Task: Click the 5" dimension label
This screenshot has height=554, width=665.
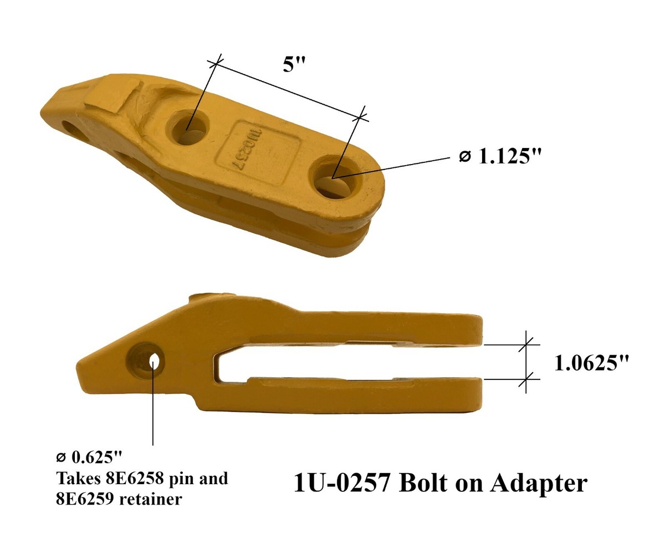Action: click(x=294, y=64)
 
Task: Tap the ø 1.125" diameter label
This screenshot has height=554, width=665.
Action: click(x=500, y=157)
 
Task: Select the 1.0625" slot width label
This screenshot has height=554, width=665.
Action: click(x=592, y=363)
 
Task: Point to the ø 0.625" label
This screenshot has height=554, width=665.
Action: click(x=89, y=457)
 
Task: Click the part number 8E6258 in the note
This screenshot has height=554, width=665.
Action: click(x=135, y=478)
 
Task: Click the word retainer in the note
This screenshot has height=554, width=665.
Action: click(x=151, y=499)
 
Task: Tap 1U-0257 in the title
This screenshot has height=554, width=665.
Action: click(x=342, y=483)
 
